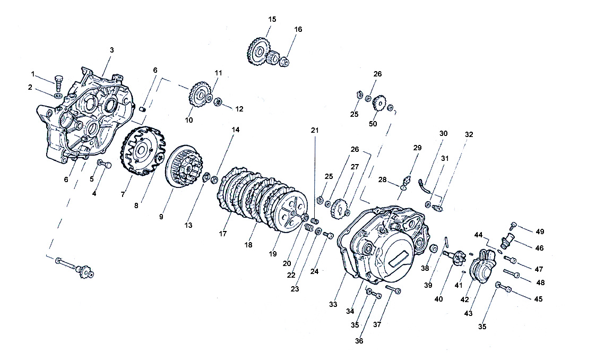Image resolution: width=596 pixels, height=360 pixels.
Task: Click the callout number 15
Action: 272,20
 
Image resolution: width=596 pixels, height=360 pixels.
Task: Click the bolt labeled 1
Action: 58,82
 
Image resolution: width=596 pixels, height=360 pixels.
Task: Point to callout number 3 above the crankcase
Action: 112,50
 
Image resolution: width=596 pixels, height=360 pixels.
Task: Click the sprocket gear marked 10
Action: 200,96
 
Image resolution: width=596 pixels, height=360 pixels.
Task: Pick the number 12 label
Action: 239,109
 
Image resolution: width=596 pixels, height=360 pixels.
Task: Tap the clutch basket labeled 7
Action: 143,151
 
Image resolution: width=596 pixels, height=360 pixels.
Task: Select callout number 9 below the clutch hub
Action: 161,217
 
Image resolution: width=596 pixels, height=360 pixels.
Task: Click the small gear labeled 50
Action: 379,103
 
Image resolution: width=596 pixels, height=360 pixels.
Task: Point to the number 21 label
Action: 315,131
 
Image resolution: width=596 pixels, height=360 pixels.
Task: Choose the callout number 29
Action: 417,148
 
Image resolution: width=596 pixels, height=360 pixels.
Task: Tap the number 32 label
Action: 469,134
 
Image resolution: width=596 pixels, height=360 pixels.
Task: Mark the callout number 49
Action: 540,232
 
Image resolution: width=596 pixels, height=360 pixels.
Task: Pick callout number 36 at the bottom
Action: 359,341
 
